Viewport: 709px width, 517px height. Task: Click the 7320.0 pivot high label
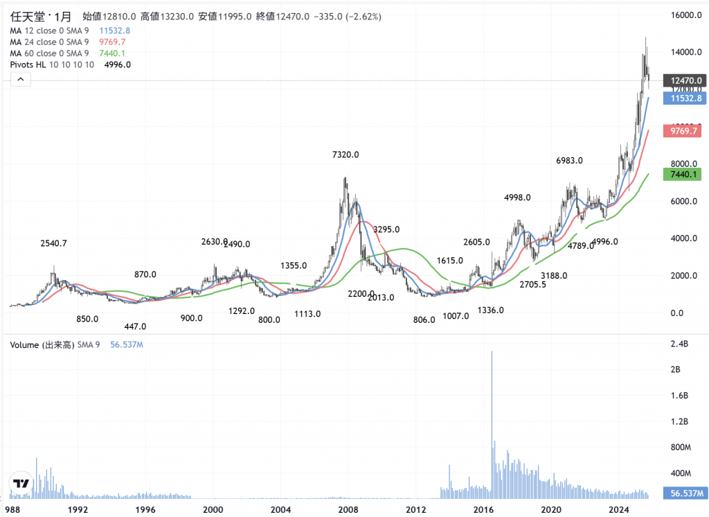(x=345, y=155)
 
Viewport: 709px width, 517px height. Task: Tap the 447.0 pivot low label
(x=135, y=326)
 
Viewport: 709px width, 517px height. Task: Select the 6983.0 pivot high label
(x=569, y=160)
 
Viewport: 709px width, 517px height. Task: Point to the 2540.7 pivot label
(x=53, y=243)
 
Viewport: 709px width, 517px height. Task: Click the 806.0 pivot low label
(x=423, y=319)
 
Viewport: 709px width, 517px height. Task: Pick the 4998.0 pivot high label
(x=517, y=198)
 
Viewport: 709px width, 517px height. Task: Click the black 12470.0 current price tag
(x=682, y=80)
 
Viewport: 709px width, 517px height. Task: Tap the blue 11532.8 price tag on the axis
(x=682, y=98)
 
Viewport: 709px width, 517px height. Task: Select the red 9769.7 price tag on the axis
(x=682, y=130)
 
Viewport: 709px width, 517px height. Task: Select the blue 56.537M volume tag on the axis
(x=682, y=493)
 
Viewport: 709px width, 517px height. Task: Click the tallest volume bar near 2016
(x=492, y=423)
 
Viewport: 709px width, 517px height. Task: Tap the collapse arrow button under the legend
(x=20, y=80)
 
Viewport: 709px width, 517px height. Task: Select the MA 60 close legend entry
(x=48, y=53)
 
